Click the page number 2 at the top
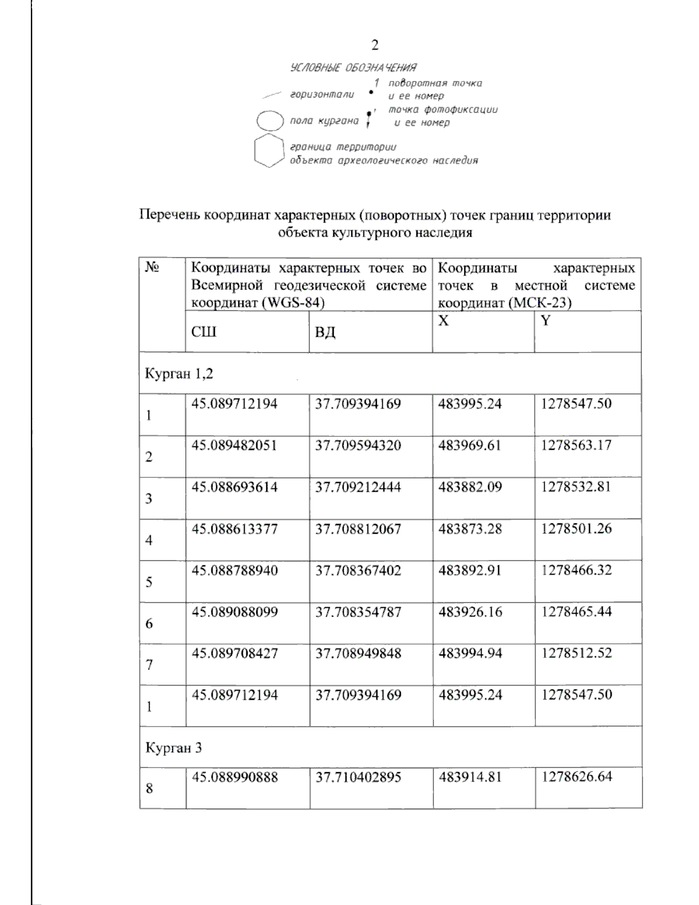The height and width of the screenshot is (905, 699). click(375, 45)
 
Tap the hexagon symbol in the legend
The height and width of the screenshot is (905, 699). click(269, 151)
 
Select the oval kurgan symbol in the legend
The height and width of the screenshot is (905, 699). click(270, 121)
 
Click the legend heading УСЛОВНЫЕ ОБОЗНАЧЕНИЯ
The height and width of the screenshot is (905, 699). click(353, 68)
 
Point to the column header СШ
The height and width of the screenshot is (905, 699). click(204, 332)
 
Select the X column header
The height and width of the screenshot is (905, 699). click(443, 321)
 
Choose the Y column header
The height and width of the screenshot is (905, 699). click(546, 321)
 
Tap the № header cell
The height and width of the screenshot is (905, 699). click(153, 268)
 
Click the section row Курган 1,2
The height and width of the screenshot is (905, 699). click(179, 374)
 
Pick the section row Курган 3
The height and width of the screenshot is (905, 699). click(174, 748)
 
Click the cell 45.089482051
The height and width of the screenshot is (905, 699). click(235, 446)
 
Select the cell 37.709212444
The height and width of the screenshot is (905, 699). click(358, 487)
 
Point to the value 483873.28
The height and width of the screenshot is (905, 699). click(470, 529)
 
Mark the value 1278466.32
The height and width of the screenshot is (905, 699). click(577, 571)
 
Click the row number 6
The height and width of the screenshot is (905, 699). click(149, 624)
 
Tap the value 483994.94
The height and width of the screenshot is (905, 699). click(470, 653)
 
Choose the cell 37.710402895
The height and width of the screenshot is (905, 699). click(358, 777)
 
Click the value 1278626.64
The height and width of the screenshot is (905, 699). click(577, 777)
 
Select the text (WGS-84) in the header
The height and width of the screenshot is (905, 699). click(293, 303)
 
